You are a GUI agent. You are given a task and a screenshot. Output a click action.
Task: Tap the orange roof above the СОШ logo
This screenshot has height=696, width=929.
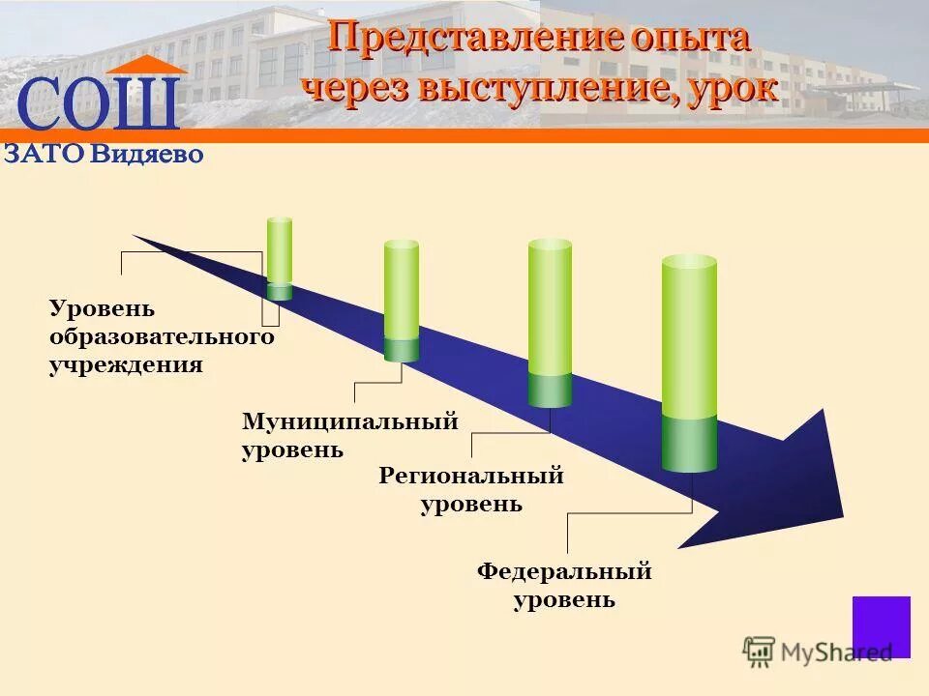[x=146, y=65]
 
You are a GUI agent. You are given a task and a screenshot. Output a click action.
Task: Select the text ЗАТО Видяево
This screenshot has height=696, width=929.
[x=104, y=154]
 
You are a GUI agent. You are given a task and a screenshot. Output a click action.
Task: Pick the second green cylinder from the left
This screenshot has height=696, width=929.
[x=402, y=295]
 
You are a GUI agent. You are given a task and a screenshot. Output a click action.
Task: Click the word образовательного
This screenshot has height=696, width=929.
[x=162, y=337]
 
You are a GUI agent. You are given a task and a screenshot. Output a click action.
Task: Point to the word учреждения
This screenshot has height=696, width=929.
[x=126, y=365]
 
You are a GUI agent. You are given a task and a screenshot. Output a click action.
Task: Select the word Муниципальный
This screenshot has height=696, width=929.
[x=349, y=421]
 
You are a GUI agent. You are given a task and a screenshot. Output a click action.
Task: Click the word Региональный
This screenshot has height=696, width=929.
[x=471, y=476]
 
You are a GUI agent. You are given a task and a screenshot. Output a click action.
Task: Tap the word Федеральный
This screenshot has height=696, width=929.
[x=564, y=571]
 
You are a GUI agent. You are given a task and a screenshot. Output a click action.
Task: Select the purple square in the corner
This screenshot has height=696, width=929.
[x=881, y=626]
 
